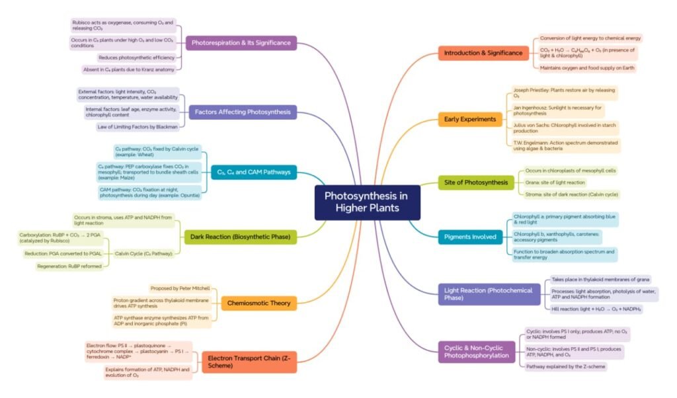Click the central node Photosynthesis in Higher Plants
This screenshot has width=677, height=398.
pos(367,202)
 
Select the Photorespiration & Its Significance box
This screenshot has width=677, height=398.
pos(241,43)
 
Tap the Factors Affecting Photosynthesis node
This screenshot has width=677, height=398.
pos(243,112)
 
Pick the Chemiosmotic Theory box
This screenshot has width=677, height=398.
pos(259,303)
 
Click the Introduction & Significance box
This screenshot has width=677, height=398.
pos(483,53)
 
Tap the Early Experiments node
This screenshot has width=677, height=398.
pos(470,119)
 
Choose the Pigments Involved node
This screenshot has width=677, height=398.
pos(470,236)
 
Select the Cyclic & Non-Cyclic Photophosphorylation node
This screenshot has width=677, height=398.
pos(476,351)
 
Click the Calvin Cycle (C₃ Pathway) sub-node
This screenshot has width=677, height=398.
pos(143,253)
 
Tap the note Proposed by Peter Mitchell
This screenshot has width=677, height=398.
pos(180,288)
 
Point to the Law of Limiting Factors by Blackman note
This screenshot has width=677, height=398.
pos(138,126)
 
